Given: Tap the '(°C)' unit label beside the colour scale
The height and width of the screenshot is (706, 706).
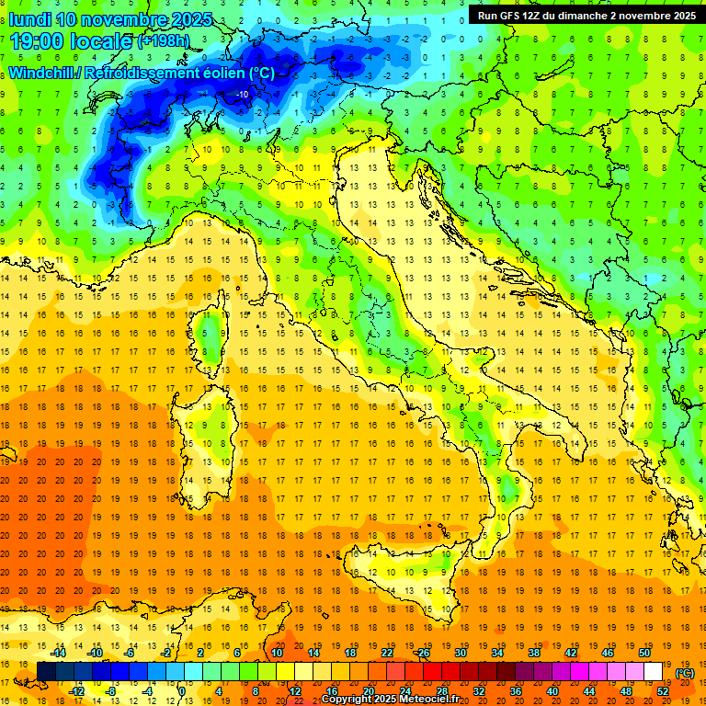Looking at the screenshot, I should [x=684, y=673].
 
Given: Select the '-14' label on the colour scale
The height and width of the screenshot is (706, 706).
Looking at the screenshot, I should [x=57, y=653].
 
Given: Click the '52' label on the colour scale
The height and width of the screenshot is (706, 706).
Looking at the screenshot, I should [x=663, y=691].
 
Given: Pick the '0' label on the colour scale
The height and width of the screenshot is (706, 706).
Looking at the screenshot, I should [x=181, y=691].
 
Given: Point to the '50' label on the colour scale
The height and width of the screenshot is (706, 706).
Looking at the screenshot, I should [x=644, y=653].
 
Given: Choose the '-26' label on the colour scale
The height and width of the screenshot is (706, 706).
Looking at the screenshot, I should [x=422, y=653].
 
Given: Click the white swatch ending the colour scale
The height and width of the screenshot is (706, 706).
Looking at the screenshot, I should [x=654, y=672].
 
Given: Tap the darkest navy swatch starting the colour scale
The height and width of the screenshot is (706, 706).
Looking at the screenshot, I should [x=47, y=672].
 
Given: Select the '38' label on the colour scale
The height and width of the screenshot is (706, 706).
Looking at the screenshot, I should [x=533, y=653].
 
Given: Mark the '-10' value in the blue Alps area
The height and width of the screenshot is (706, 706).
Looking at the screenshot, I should [x=242, y=94].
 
